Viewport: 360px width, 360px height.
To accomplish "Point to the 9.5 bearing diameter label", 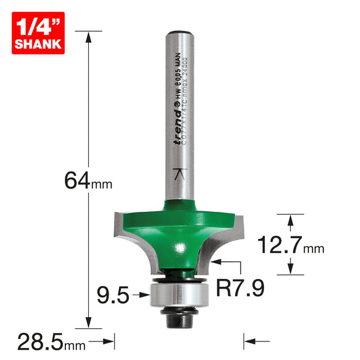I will click(113, 295).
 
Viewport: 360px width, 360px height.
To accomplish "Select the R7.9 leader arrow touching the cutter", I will click(215, 262).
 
